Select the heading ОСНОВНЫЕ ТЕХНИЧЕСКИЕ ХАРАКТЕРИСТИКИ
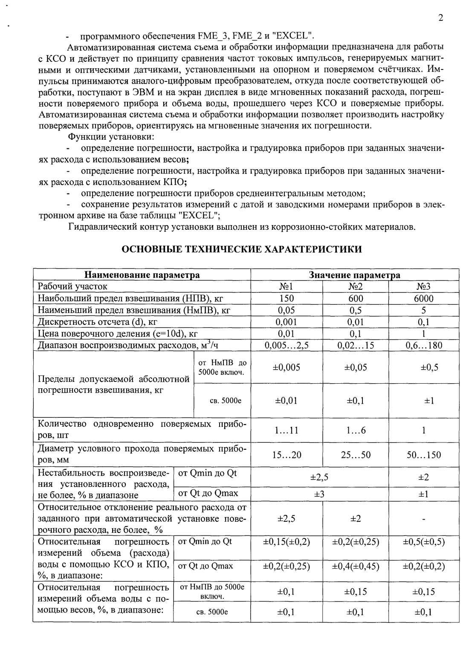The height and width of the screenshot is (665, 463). click(x=242, y=249)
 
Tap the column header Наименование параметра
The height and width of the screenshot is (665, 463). click(x=142, y=275)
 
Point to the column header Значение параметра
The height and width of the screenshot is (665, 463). click(x=354, y=275)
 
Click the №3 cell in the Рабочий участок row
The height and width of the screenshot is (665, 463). click(x=423, y=286)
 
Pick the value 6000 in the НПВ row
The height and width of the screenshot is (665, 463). click(x=423, y=298)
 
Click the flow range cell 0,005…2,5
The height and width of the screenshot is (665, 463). click(x=286, y=345)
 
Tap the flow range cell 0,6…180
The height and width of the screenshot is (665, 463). click(x=423, y=345)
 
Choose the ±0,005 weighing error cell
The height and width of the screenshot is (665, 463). click(x=286, y=367)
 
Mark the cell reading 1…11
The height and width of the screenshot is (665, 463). click(x=286, y=431)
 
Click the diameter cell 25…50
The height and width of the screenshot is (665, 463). click(x=356, y=455)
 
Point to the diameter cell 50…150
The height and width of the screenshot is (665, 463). click(x=423, y=455)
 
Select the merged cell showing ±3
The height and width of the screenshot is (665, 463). click(x=320, y=494)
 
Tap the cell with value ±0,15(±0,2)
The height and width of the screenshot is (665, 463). click(x=286, y=542)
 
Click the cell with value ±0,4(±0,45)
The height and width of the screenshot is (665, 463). click(x=356, y=566)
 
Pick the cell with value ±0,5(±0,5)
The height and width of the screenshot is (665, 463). click(x=423, y=542)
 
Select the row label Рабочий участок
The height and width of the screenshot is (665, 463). click(x=72, y=286)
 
